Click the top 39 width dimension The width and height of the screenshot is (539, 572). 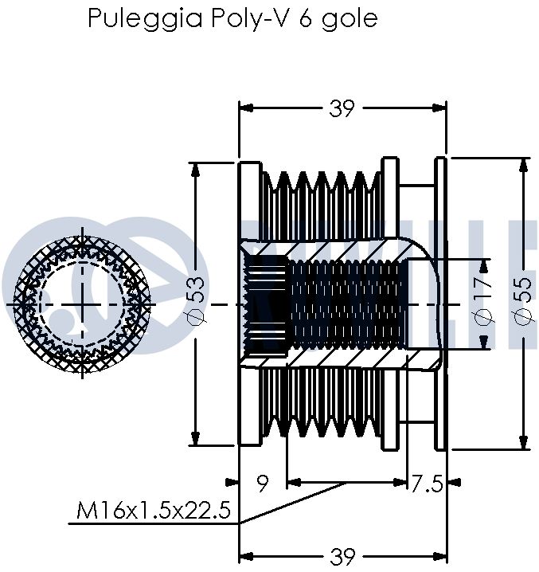coord(342,109)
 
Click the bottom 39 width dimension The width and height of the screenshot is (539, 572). coord(342,556)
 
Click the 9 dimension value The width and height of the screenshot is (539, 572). coord(262,483)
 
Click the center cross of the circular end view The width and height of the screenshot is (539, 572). coord(83,304)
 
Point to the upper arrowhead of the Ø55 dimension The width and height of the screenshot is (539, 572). coord(523,164)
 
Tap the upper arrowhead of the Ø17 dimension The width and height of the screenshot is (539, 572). coord(484,265)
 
